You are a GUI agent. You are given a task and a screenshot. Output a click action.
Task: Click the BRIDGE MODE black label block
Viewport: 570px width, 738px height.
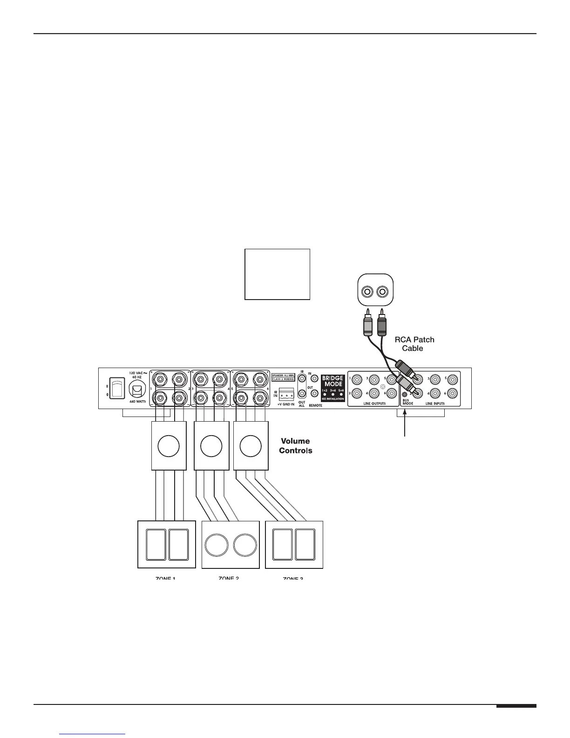pyautogui.click(x=333, y=388)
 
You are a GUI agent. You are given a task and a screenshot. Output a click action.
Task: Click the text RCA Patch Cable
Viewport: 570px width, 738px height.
pyautogui.click(x=414, y=344)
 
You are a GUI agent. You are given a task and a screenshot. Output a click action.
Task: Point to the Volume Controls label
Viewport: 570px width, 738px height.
pyautogui.click(x=295, y=445)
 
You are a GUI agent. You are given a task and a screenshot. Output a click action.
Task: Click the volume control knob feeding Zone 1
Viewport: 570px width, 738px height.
pyautogui.click(x=169, y=446)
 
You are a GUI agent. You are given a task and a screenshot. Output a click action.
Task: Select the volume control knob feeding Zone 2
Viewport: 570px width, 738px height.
pyautogui.click(x=211, y=446)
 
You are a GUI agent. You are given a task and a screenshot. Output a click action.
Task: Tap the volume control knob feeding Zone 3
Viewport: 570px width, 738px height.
pyautogui.click(x=251, y=446)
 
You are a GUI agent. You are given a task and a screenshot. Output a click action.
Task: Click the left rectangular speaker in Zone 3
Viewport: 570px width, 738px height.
pyautogui.click(x=282, y=545)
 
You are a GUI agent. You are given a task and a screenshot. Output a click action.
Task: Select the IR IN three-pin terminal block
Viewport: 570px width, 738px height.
pyautogui.click(x=286, y=393)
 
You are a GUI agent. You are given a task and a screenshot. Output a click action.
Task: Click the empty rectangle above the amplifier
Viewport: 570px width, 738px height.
pyautogui.click(x=278, y=274)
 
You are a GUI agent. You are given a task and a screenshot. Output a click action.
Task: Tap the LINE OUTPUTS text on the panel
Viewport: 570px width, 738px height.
pyautogui.click(x=374, y=403)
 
